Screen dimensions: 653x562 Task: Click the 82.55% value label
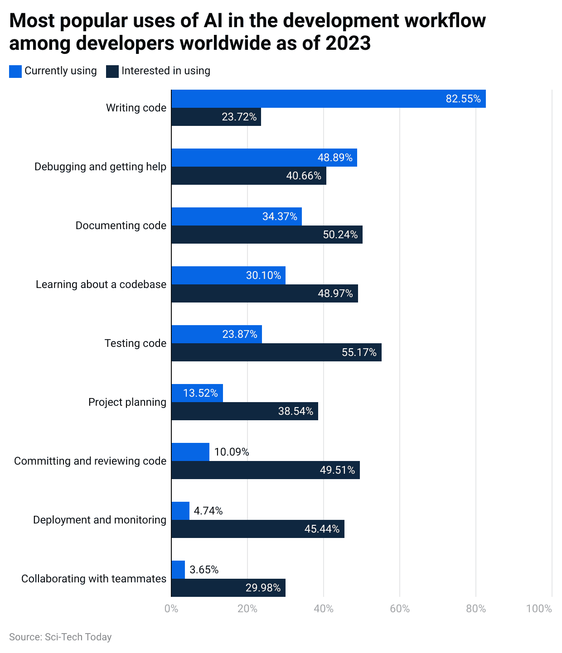click(x=463, y=99)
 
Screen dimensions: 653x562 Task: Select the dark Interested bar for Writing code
click(x=216, y=117)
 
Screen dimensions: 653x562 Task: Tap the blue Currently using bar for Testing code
click(x=216, y=334)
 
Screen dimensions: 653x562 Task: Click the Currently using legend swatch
click(x=15, y=71)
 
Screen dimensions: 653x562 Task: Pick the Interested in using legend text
click(x=165, y=71)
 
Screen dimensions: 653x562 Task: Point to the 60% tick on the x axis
click(x=400, y=609)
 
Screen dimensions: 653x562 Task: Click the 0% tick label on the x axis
click(x=171, y=609)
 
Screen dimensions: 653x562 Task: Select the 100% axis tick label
click(x=539, y=609)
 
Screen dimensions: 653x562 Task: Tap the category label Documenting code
click(x=121, y=226)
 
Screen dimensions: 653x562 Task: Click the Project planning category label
click(x=127, y=402)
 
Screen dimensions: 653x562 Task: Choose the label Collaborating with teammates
click(x=94, y=579)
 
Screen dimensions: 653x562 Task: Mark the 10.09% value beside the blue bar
click(x=231, y=452)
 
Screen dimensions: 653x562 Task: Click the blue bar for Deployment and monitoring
click(x=180, y=511)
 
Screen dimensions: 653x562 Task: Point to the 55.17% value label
click(x=359, y=352)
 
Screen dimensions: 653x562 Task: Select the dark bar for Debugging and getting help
click(x=248, y=176)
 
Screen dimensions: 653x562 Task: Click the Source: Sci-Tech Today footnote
click(x=60, y=637)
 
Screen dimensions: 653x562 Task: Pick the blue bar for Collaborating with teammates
click(x=178, y=570)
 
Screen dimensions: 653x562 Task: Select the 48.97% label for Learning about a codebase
click(x=335, y=293)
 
